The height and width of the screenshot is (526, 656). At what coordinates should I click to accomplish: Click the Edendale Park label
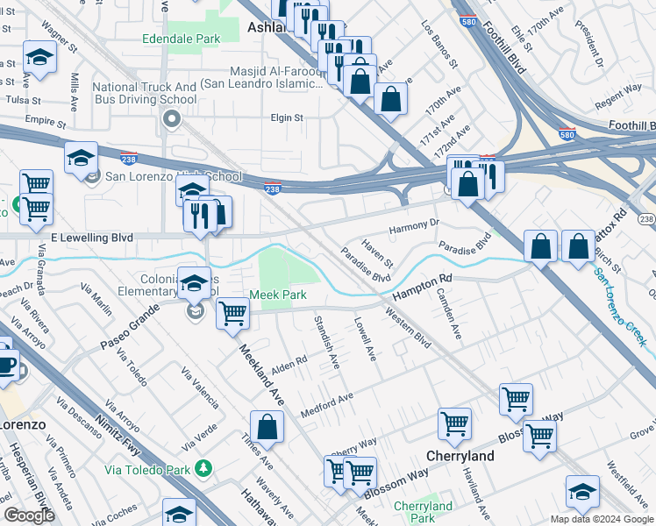pyautogui.click(x=182, y=39)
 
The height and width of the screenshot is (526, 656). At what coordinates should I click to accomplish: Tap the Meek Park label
pyautogui.click(x=278, y=295)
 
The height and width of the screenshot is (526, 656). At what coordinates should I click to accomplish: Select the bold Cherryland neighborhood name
pyautogui.click(x=460, y=457)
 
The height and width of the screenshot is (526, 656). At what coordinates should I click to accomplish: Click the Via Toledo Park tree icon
pyautogui.click(x=203, y=469)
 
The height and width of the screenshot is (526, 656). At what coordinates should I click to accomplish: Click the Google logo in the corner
pyautogui.click(x=29, y=515)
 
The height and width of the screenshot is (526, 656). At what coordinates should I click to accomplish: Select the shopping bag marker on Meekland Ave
pyautogui.click(x=267, y=429)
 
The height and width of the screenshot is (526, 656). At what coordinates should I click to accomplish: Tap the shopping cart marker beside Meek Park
pyautogui.click(x=232, y=313)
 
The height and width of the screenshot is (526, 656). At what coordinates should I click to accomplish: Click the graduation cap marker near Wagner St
pyautogui.click(x=39, y=58)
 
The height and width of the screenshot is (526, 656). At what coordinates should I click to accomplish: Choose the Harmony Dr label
pyautogui.click(x=413, y=225)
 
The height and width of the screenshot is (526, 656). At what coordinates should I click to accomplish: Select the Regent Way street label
pyautogui.click(x=618, y=103)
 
